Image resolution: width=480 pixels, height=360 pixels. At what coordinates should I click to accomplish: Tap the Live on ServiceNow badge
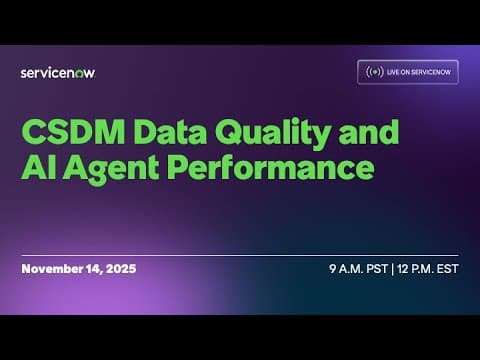click(407, 72)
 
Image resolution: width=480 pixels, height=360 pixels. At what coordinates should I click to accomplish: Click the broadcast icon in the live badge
click(374, 72)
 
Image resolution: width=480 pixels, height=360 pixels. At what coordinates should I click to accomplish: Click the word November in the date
click(51, 270)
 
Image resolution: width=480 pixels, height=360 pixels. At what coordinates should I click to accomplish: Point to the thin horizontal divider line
click(240, 255)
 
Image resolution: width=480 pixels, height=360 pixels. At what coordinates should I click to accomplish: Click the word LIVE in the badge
click(396, 72)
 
